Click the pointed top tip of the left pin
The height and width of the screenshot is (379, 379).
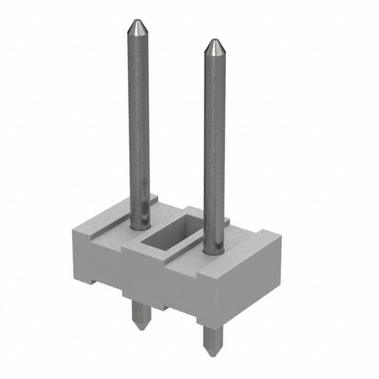coord(137,22)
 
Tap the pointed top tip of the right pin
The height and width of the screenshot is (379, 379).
coord(214,41)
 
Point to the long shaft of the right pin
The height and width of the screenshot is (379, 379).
coord(214,142)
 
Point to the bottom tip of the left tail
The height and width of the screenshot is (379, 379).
coord(140,328)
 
